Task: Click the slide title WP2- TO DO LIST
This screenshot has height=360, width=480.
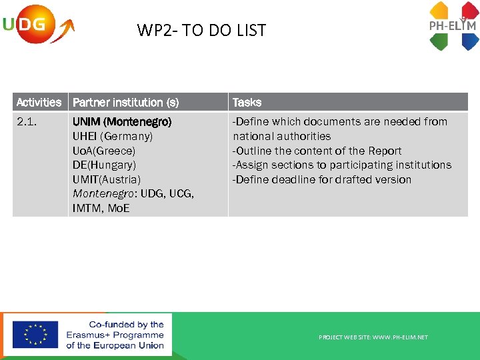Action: pyautogui.click(x=201, y=30)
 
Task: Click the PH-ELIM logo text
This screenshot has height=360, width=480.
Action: pyautogui.click(x=452, y=27)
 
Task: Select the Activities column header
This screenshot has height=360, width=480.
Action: pyautogui.click(x=39, y=102)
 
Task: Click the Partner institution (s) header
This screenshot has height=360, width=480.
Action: pyautogui.click(x=126, y=102)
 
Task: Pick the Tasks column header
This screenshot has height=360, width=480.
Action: pyautogui.click(x=247, y=102)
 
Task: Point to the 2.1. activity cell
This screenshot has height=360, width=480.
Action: pyautogui.click(x=27, y=122)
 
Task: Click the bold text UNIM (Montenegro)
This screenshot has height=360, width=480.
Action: pyautogui.click(x=122, y=122)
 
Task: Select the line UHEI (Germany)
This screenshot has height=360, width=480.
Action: pyautogui.click(x=113, y=136)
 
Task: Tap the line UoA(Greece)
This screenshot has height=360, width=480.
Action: pyautogui.click(x=104, y=151)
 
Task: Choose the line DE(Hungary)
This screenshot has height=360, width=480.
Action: pyautogui.click(x=104, y=165)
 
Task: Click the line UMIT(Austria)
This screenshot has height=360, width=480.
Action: pyautogui.click(x=107, y=179)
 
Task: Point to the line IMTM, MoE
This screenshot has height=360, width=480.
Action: pyautogui.click(x=101, y=208)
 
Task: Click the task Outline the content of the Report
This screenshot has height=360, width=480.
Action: pyautogui.click(x=317, y=151)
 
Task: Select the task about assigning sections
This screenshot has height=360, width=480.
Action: pyautogui.click(x=341, y=165)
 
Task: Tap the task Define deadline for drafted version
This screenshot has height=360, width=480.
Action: pyautogui.click(x=321, y=179)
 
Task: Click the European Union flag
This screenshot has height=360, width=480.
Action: pyautogui.click(x=35, y=335)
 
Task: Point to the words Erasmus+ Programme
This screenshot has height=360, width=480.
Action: pyautogui.click(x=115, y=335)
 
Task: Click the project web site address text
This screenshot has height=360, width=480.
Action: pyautogui.click(x=373, y=337)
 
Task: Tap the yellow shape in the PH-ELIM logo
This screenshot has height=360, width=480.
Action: pyautogui.click(x=439, y=11)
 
